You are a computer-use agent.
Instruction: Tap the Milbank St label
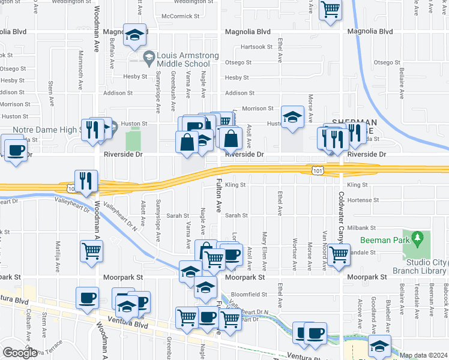[365, 228]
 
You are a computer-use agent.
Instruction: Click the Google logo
[20, 353]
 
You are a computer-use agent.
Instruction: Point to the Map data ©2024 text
[424, 355]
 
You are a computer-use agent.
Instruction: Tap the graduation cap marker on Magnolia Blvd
[135, 34]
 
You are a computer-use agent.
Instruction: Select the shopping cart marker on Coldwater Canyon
[339, 254]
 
